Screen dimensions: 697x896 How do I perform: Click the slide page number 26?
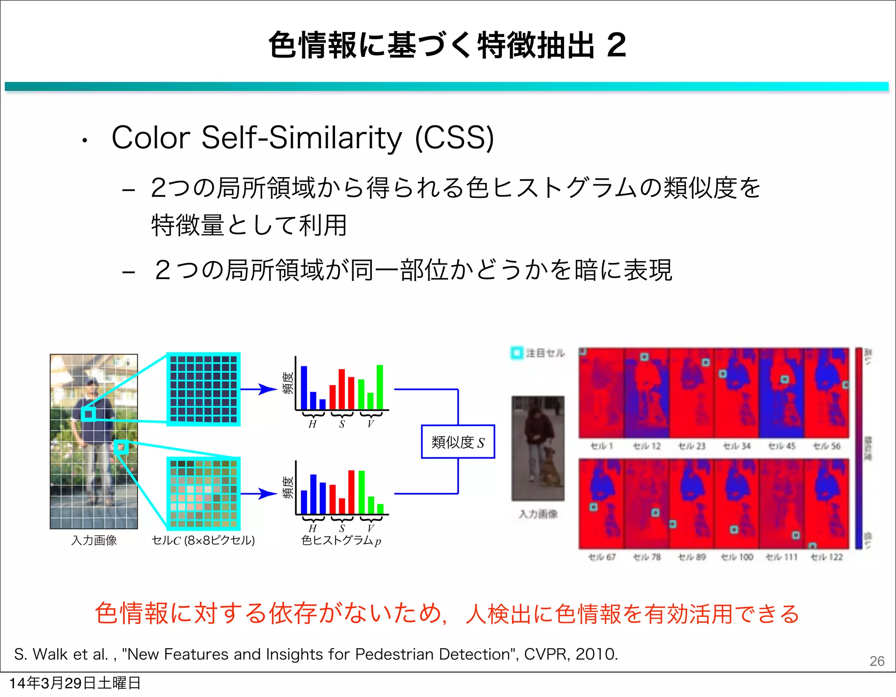(x=877, y=661)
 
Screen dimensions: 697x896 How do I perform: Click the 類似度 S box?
(x=458, y=442)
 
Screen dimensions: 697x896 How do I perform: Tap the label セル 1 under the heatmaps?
(x=602, y=446)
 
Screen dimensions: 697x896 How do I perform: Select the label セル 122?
(x=826, y=557)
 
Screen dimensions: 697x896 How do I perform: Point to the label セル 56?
(x=826, y=446)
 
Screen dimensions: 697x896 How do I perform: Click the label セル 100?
(x=737, y=557)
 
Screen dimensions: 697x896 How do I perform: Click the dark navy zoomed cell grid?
(x=203, y=389)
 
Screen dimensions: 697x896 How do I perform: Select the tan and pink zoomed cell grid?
(x=203, y=494)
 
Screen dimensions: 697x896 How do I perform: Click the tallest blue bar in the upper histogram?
(x=304, y=387)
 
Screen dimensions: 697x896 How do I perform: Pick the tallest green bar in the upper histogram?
(x=380, y=387)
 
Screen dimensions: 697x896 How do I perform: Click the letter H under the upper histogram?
(x=312, y=424)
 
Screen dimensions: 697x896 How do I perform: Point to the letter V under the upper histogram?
(x=371, y=424)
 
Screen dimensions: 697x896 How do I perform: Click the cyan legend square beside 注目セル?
(x=517, y=353)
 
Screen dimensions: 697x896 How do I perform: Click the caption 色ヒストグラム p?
(x=341, y=541)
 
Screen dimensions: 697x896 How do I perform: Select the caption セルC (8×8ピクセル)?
(x=203, y=541)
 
